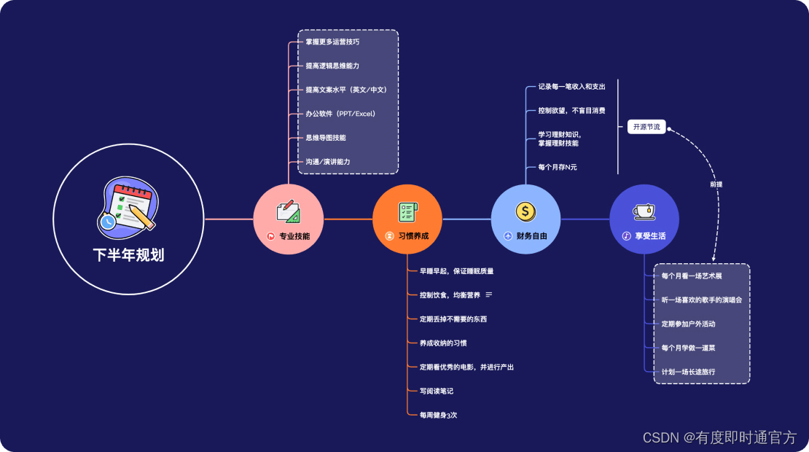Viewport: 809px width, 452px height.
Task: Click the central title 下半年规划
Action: point(128,255)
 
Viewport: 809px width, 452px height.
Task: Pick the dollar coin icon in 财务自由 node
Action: point(525,211)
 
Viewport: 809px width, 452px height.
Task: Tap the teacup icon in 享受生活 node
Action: point(644,211)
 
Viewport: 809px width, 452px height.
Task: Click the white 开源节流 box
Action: point(646,127)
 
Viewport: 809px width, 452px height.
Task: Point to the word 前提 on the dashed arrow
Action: point(716,184)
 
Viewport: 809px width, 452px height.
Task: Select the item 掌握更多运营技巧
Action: point(332,42)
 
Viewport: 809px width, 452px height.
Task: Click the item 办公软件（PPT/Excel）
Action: point(340,114)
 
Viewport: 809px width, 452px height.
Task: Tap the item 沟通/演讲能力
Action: point(328,162)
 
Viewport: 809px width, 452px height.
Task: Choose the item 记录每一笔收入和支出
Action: point(571,87)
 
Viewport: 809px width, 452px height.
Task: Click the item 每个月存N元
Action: point(558,168)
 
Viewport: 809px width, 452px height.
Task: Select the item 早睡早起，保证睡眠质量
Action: point(456,271)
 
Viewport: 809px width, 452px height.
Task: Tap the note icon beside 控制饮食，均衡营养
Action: point(489,295)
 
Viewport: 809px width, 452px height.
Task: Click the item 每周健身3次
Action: point(438,415)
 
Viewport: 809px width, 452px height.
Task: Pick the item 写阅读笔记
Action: point(436,391)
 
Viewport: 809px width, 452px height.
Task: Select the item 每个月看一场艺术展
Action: point(691,276)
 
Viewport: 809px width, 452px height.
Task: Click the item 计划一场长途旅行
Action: point(688,372)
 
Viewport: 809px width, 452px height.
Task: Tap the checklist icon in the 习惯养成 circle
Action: point(407,211)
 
